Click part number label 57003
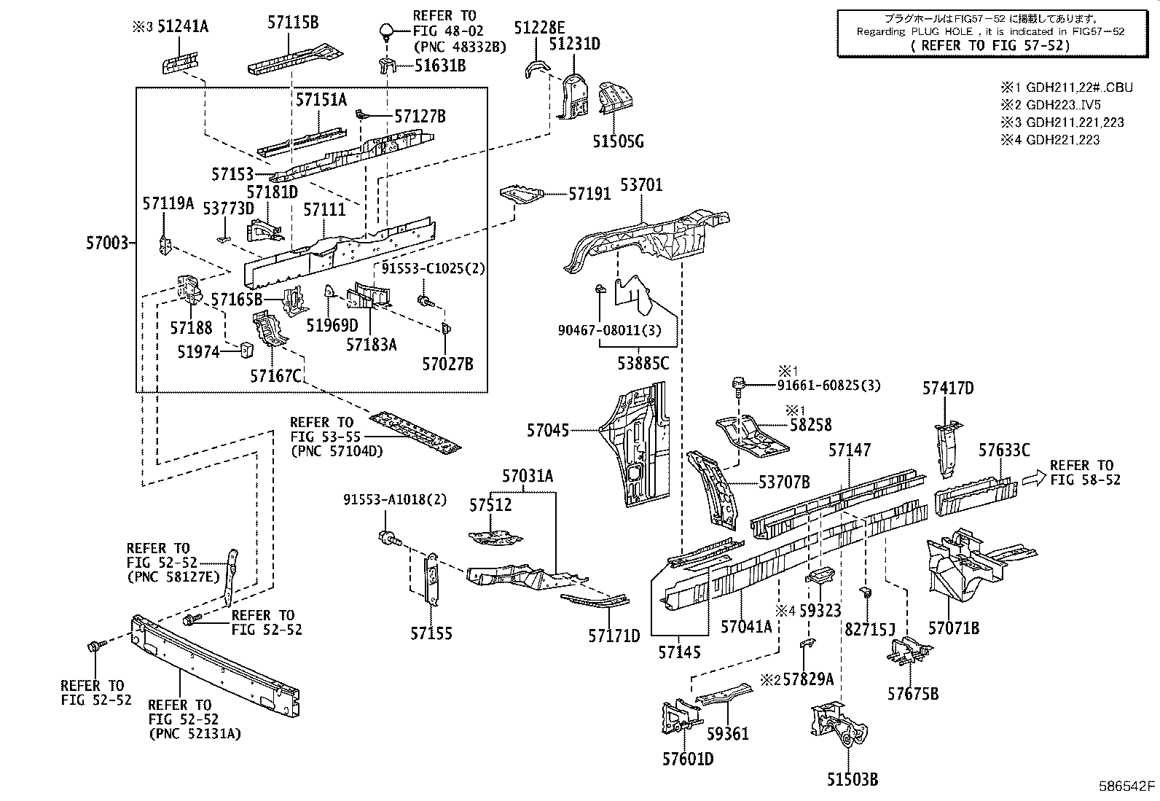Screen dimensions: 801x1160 coord(108,242)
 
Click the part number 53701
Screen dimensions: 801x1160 coord(641,185)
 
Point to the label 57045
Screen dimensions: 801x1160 coord(548,431)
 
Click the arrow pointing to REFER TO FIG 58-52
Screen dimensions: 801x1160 coord(1032,477)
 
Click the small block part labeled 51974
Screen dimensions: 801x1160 coord(246,350)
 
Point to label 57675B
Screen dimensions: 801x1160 coord(912,693)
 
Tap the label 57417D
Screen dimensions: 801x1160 coord(948,388)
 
